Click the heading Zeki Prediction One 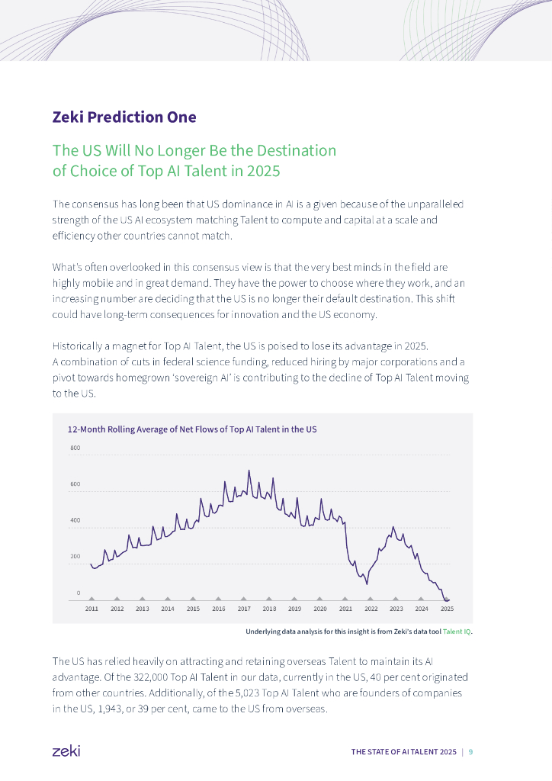124,117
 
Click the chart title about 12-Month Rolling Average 192,429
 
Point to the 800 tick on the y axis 75,448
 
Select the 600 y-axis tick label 75,484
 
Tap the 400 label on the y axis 75,520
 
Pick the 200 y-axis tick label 75,556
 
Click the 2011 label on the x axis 91,609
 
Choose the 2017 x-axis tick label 244,609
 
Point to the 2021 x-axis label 345,609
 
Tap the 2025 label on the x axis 448,609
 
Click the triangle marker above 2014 168,599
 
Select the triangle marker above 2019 295,599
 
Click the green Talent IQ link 457,632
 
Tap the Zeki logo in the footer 66,751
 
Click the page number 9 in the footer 470,752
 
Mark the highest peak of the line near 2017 249,471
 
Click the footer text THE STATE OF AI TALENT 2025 404,752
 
